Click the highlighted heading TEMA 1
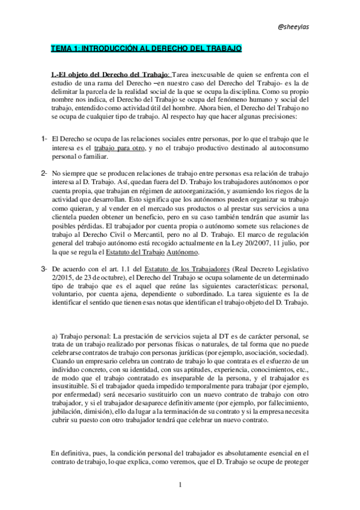(x=146, y=48)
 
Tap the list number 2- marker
(x=44, y=173)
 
